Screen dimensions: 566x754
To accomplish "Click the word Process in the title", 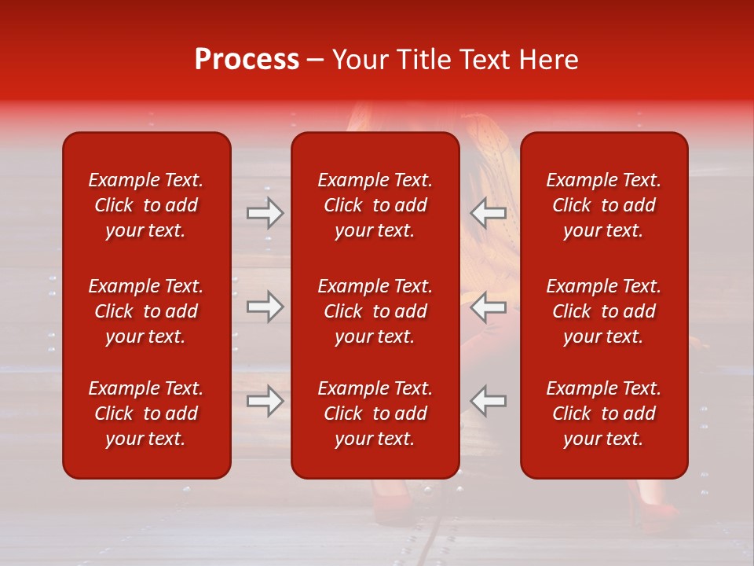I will pos(247,60).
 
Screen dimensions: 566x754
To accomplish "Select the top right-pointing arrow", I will pos(265,213).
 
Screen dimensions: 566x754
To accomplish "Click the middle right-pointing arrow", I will pos(265,307).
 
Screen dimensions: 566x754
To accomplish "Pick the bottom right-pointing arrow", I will pos(265,401).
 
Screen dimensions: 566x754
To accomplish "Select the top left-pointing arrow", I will pos(489,213).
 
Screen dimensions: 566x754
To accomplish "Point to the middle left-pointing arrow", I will pos(489,307).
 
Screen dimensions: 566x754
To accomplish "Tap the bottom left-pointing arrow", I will pos(489,401).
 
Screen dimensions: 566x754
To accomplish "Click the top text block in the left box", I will pos(146,205).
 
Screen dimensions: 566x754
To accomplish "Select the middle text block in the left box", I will pos(146,311).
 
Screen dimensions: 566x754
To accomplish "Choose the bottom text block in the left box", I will pos(146,413).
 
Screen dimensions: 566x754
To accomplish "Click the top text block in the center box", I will pos(375,205).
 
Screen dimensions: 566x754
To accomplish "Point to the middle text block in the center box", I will pos(375,311).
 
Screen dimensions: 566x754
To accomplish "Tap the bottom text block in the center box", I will pos(375,413).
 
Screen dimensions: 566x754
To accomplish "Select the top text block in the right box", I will pos(604,205).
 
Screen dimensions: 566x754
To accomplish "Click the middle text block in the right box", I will pos(604,311).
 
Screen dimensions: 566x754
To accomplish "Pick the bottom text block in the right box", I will pos(604,413).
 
